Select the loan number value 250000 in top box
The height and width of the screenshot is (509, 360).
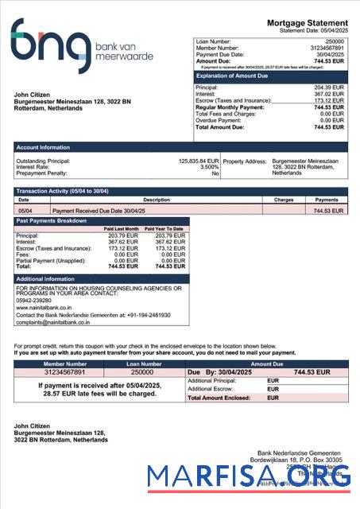(x=335, y=41)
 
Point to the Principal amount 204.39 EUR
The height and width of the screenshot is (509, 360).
(x=328, y=87)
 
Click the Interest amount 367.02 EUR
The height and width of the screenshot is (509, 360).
(x=328, y=94)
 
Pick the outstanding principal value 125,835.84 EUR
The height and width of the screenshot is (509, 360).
(x=198, y=161)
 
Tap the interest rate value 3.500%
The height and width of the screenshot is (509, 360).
(x=208, y=167)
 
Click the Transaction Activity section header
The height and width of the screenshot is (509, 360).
(x=62, y=192)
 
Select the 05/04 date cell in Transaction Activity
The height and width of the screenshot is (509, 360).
(x=25, y=211)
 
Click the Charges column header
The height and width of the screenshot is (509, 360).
(x=283, y=200)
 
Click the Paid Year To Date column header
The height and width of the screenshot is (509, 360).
(x=165, y=229)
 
